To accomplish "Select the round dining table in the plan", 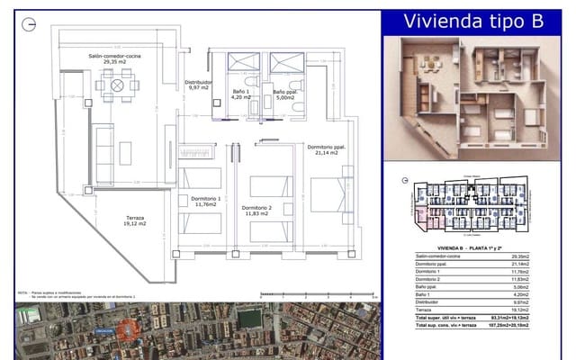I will (x=117, y=85).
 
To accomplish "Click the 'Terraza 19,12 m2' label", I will (x=136, y=220).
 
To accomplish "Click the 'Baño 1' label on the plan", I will (x=240, y=94).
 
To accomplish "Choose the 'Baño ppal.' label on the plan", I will (x=285, y=94).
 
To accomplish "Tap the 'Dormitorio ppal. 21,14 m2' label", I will (x=327, y=149).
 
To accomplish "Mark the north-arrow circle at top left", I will (x=31, y=23).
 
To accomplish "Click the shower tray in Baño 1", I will (x=243, y=62).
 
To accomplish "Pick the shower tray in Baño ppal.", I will (x=287, y=62).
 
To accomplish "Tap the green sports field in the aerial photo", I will (x=250, y=319).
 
